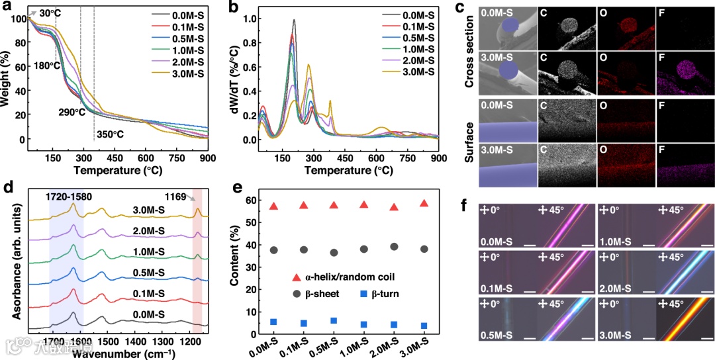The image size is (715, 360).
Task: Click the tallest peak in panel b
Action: (x=293, y=21)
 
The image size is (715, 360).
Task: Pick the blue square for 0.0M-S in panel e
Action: (x=273, y=322)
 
